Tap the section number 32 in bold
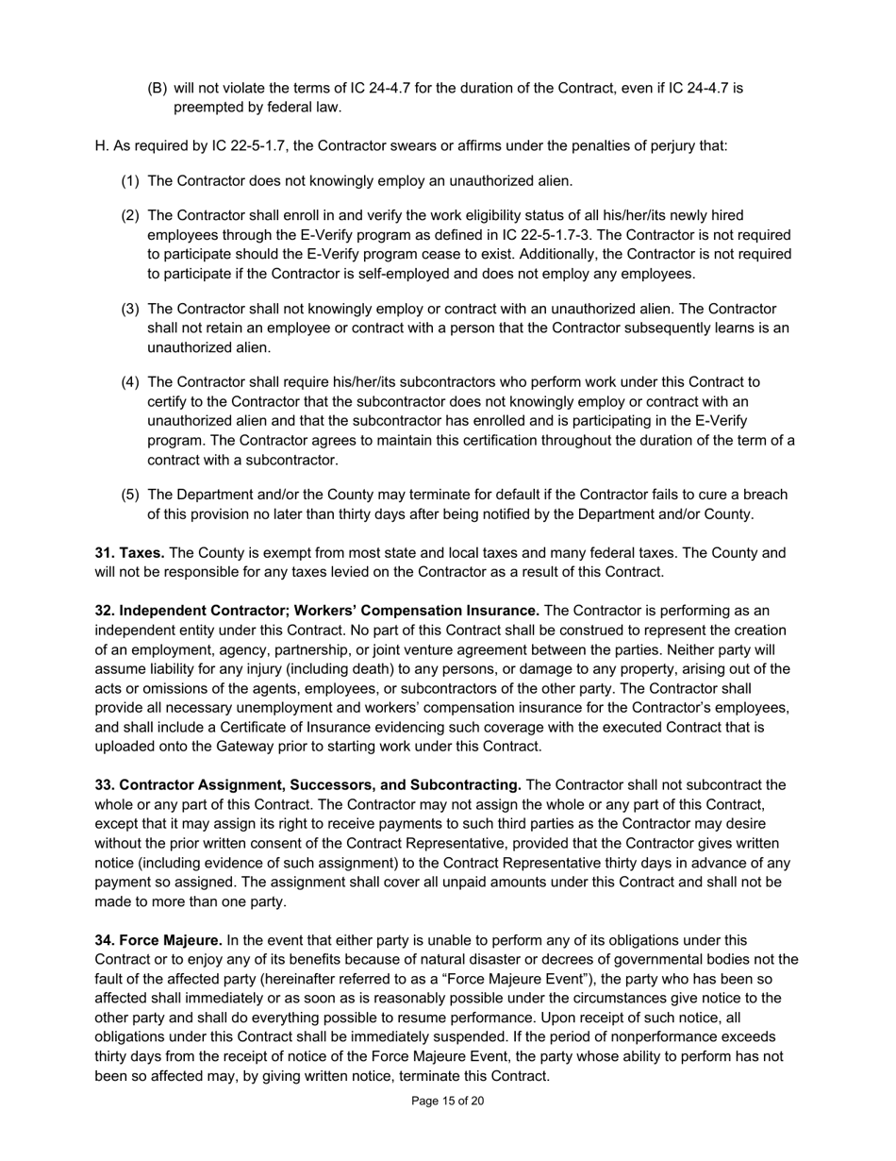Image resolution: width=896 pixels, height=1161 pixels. [104, 611]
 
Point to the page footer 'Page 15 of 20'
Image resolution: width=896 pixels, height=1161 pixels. [448, 1101]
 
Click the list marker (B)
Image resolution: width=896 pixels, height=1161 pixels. [158, 88]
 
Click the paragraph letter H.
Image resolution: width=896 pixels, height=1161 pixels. [101, 146]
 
